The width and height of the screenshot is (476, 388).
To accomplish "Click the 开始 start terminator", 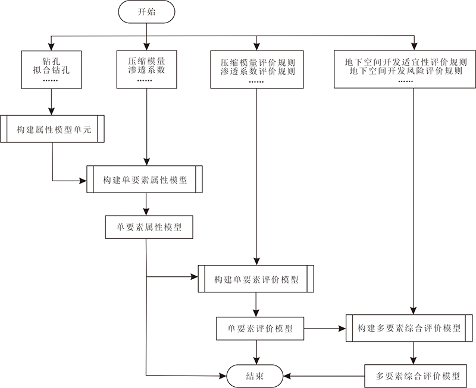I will (146, 11).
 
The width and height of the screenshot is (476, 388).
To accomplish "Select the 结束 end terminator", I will (256, 376).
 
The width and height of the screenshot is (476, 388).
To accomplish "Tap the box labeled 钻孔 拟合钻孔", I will (52, 70).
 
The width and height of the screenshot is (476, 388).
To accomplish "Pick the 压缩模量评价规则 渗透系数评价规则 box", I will (257, 70).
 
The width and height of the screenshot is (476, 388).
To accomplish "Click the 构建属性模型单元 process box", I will (53, 128).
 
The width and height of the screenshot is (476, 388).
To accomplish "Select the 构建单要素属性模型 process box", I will (146, 179).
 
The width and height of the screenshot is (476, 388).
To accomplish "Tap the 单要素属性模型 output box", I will (148, 226).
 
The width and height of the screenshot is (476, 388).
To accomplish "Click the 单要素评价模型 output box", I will (260, 327).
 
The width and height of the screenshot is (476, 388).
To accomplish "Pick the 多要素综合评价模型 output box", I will (419, 376).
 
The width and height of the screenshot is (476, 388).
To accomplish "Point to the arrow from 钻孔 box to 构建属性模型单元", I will (52, 102).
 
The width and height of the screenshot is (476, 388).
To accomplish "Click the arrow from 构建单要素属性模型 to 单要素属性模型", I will (146, 204).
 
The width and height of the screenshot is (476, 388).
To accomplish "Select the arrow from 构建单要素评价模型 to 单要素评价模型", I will (256, 304).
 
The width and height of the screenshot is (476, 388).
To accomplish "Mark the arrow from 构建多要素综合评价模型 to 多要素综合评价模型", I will (411, 352).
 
